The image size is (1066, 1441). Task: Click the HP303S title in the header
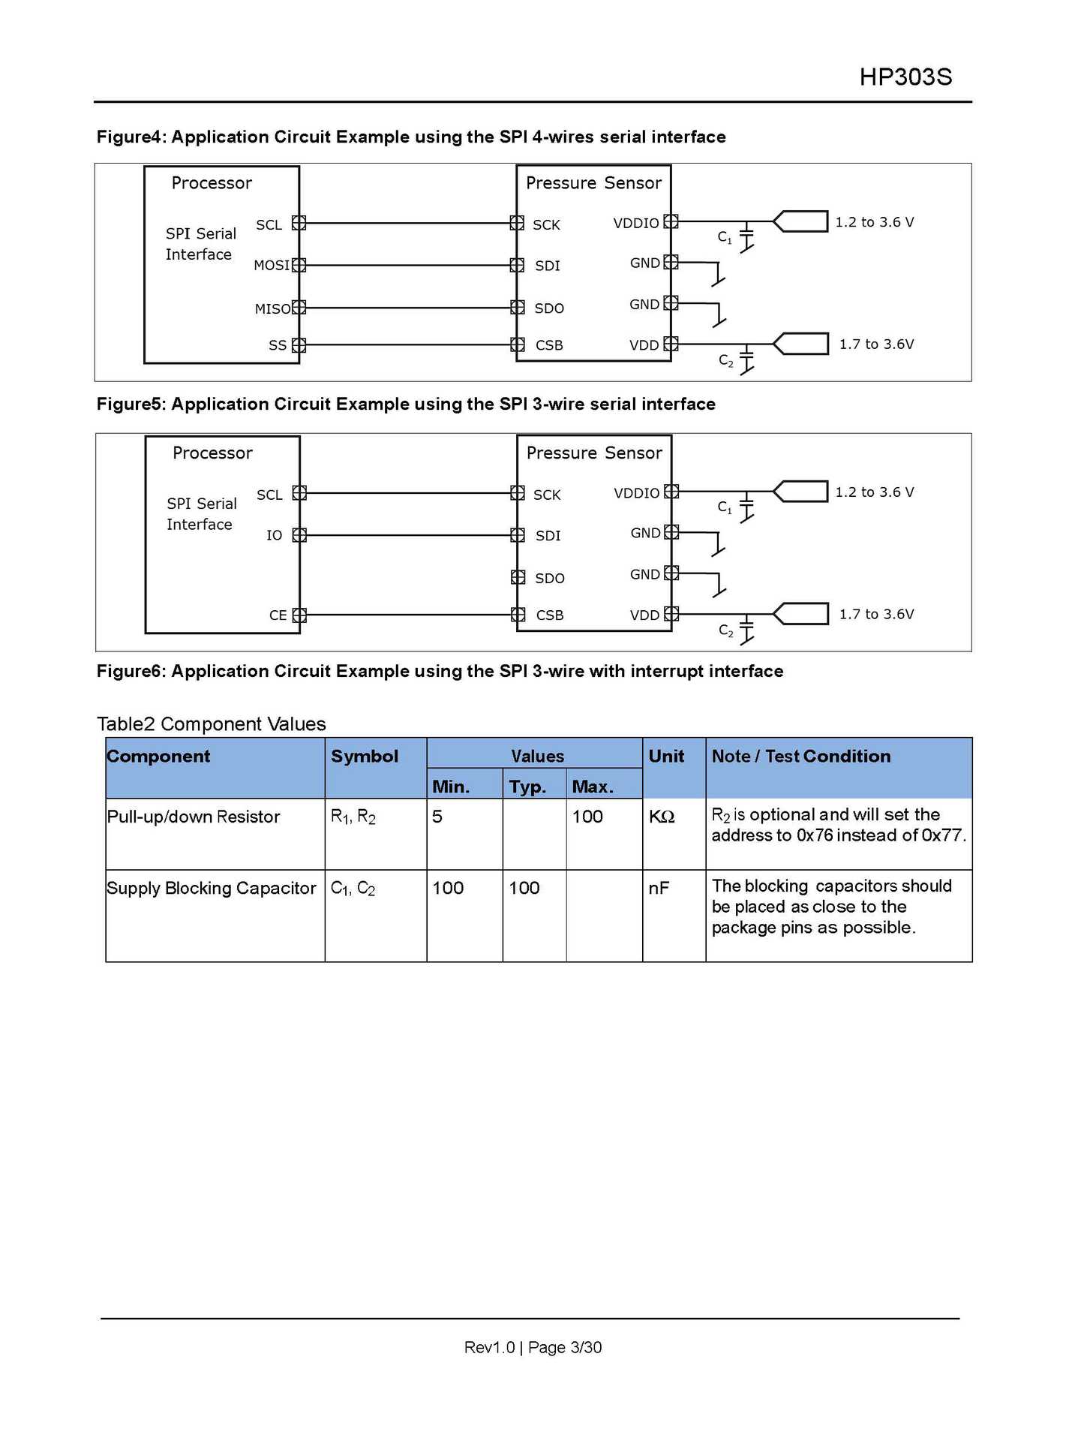click(905, 77)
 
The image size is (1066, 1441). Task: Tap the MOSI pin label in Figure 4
click(272, 266)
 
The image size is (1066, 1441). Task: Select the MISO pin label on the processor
click(272, 308)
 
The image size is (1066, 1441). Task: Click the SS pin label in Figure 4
click(278, 345)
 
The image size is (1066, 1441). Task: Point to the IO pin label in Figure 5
click(275, 535)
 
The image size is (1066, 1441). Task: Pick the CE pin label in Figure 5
click(278, 615)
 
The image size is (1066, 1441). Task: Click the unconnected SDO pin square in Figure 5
click(518, 577)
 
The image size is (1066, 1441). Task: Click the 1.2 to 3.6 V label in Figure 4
click(875, 222)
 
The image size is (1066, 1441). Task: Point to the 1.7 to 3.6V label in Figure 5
click(876, 614)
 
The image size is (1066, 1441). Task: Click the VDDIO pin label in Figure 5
click(636, 493)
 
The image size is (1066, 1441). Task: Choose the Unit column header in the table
click(666, 757)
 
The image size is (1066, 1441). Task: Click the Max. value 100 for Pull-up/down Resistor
click(587, 817)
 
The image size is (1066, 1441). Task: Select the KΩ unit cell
click(662, 817)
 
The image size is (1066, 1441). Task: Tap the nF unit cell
click(659, 889)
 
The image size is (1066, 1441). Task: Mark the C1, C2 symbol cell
click(353, 889)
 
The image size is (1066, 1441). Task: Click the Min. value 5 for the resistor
click(437, 817)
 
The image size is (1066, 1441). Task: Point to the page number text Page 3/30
click(565, 1347)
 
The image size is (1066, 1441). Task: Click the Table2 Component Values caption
click(212, 724)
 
